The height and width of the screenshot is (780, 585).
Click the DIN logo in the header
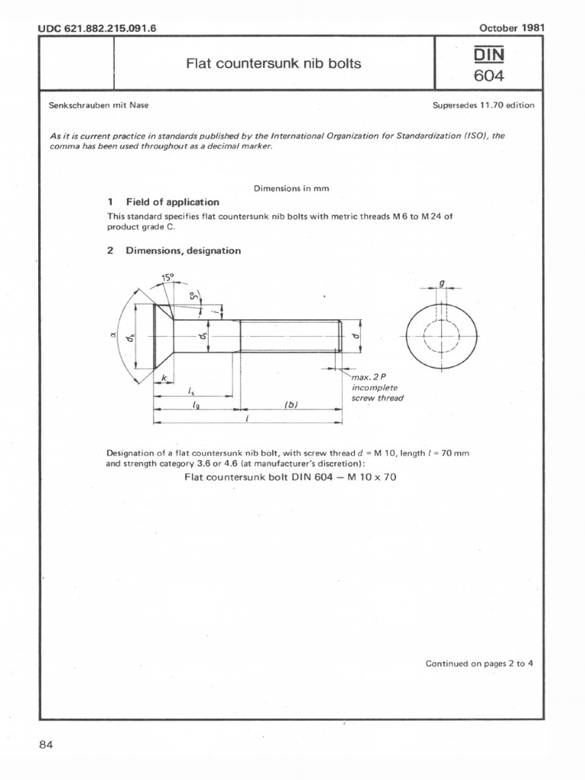490,55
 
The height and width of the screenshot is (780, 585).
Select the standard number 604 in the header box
490,76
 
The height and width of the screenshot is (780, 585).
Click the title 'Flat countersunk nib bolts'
274,63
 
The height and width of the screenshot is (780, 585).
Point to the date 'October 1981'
511,28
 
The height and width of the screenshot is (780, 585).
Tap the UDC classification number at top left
102,29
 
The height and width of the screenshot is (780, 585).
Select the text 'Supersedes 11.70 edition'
483,105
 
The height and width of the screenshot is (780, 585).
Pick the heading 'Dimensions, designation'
183,251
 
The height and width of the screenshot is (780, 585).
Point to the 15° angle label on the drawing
168,279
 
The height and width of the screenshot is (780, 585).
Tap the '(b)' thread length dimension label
290,404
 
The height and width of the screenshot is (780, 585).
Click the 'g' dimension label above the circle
442,283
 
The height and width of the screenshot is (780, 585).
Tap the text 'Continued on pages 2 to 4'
478,663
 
